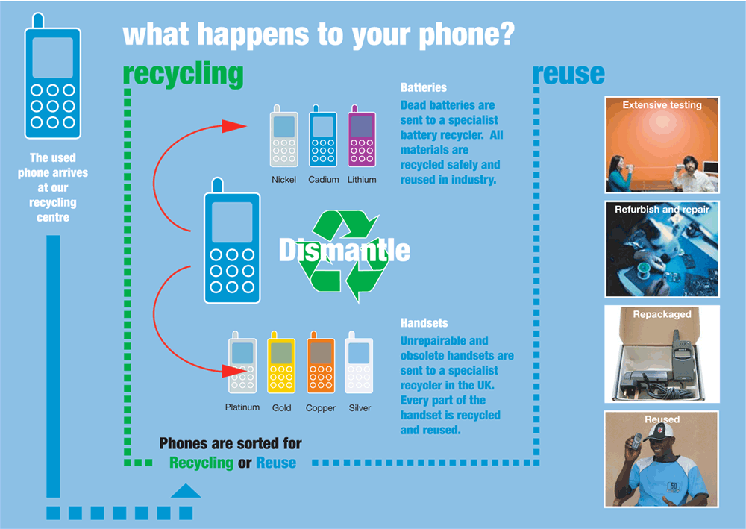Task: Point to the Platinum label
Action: tap(242, 407)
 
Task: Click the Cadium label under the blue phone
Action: tap(324, 179)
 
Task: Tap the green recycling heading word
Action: tap(184, 75)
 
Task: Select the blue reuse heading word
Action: tap(568, 74)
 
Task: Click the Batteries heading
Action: tap(424, 87)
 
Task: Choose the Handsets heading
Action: tap(424, 323)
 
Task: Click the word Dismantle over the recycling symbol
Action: tap(345, 250)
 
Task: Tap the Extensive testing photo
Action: tap(662, 145)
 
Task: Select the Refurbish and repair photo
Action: tap(662, 249)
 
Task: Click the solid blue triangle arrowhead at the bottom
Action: tap(186, 491)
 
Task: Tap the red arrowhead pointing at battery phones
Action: tap(234, 126)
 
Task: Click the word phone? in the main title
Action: tap(467, 35)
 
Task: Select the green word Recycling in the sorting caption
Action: tap(201, 463)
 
